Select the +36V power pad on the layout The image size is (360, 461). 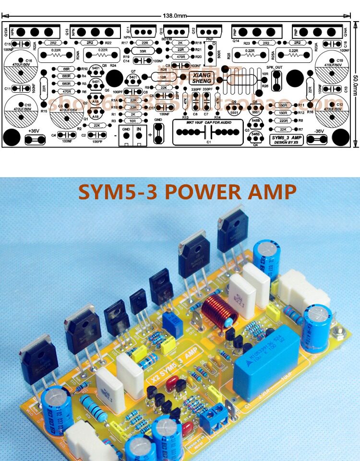point(34,139)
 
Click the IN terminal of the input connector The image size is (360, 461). point(139,134)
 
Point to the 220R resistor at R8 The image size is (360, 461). point(283,121)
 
